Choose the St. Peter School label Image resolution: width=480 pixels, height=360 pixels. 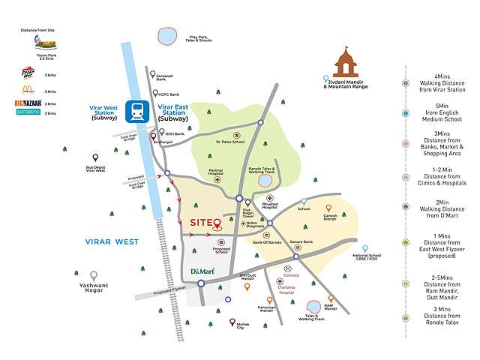pyautogui.click(x=229, y=142)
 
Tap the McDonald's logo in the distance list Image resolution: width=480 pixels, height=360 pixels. pyautogui.click(x=28, y=89)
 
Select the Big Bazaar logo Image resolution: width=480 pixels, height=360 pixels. pyautogui.click(x=28, y=103)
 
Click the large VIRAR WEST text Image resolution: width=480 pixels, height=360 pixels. pyautogui.click(x=105, y=241)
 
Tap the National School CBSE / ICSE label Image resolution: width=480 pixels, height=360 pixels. pyautogui.click(x=367, y=259)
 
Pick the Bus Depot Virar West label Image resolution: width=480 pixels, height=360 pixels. pyautogui.click(x=95, y=169)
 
